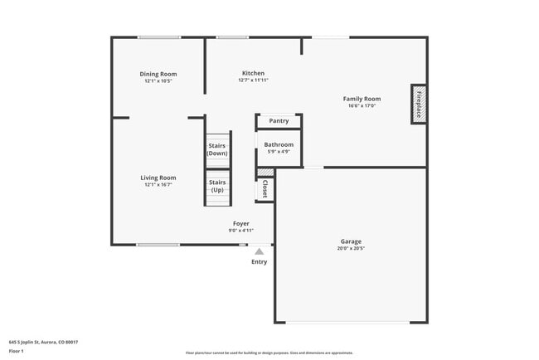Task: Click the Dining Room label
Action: point(158,74)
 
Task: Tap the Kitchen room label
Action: point(253,73)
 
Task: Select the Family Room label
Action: point(362,99)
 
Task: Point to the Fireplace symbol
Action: point(419,104)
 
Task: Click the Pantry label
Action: point(279,121)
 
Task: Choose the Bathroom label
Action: point(279,144)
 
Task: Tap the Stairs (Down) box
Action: point(217,149)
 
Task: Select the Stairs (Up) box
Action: point(217,186)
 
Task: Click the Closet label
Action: point(265,188)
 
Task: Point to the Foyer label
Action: point(240,223)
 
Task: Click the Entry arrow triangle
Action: point(260,251)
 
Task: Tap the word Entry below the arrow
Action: point(260,262)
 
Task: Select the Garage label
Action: point(350,241)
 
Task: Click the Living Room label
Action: point(158,177)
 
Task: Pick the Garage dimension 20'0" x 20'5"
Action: point(350,249)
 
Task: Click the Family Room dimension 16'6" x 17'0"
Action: point(362,106)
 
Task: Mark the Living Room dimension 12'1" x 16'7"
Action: point(158,184)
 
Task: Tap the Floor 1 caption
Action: point(17,351)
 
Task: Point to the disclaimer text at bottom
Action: point(269,353)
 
